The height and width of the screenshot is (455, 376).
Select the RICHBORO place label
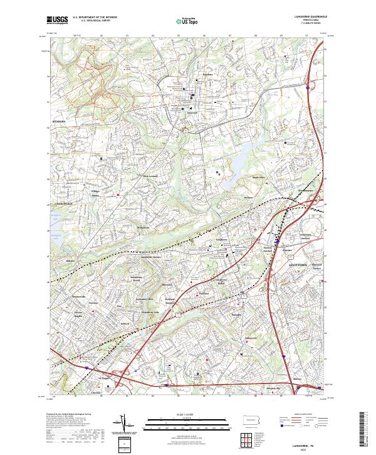click(59, 121)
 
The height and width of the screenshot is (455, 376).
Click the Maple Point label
click(259, 176)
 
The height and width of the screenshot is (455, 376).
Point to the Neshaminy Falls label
click(147, 311)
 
